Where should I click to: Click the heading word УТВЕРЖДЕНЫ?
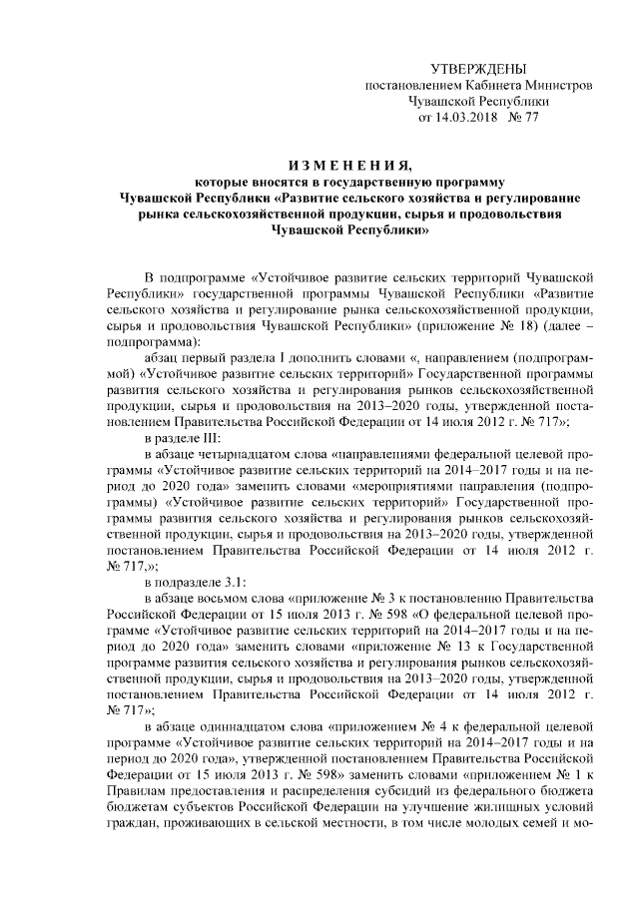point(477,69)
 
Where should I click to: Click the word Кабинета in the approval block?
point(490,85)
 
